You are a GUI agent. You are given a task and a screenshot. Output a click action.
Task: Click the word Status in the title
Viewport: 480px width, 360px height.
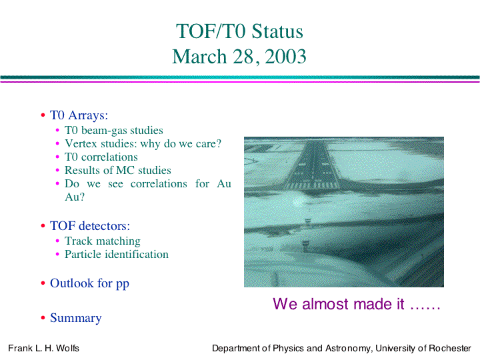[277, 31]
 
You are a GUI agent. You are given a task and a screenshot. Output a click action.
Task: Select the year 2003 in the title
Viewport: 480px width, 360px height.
[285, 56]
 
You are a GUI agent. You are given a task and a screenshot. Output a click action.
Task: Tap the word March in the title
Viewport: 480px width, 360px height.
[199, 56]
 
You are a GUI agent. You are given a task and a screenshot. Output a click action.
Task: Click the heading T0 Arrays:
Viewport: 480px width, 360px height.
[79, 115]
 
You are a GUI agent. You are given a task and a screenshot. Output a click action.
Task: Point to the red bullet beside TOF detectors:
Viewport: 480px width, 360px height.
[43, 226]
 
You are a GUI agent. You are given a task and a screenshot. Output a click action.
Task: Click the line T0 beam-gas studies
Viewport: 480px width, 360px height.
[114, 131]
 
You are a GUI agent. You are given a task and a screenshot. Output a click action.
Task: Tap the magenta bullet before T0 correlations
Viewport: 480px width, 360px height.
[57, 157]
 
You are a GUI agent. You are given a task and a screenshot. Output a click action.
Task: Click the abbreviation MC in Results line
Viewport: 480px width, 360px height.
[125, 170]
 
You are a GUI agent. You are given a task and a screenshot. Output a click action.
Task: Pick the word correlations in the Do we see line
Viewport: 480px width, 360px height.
[159, 184]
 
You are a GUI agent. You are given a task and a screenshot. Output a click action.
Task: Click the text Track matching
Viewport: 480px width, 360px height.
[103, 241]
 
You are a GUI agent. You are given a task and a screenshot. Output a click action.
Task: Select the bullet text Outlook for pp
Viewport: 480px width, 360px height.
[89, 283]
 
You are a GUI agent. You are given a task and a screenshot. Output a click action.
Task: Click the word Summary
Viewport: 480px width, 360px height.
[75, 318]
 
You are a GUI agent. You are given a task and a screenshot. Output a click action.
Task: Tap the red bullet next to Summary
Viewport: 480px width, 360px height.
[43, 318]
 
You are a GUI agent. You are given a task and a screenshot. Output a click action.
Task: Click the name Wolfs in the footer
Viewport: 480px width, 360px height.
[67, 349]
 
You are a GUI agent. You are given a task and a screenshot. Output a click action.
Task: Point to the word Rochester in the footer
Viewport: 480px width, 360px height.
[450, 349]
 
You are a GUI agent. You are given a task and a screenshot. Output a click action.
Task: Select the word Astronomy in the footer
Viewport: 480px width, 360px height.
[347, 349]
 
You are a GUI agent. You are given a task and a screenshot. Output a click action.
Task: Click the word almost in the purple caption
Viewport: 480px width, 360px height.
[325, 304]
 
